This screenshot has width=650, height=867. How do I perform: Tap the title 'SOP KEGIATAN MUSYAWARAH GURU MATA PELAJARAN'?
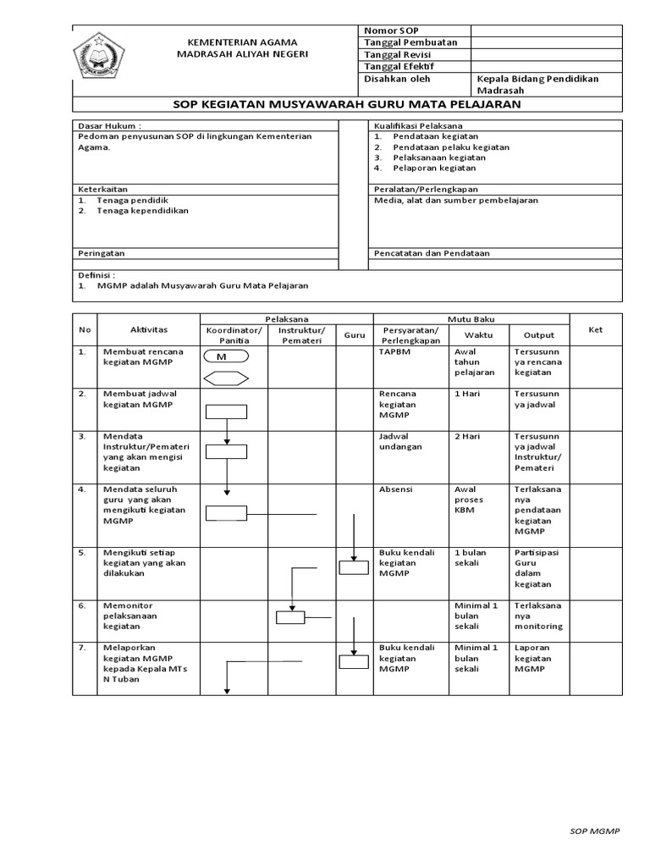(x=347, y=104)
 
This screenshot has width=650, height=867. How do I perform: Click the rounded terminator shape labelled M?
(x=225, y=357)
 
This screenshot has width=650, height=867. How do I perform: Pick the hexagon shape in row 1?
(x=225, y=378)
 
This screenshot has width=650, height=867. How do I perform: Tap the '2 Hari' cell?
(x=467, y=436)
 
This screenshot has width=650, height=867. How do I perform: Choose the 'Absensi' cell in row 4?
(x=395, y=489)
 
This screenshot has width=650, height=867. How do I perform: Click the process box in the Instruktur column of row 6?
(x=290, y=617)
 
